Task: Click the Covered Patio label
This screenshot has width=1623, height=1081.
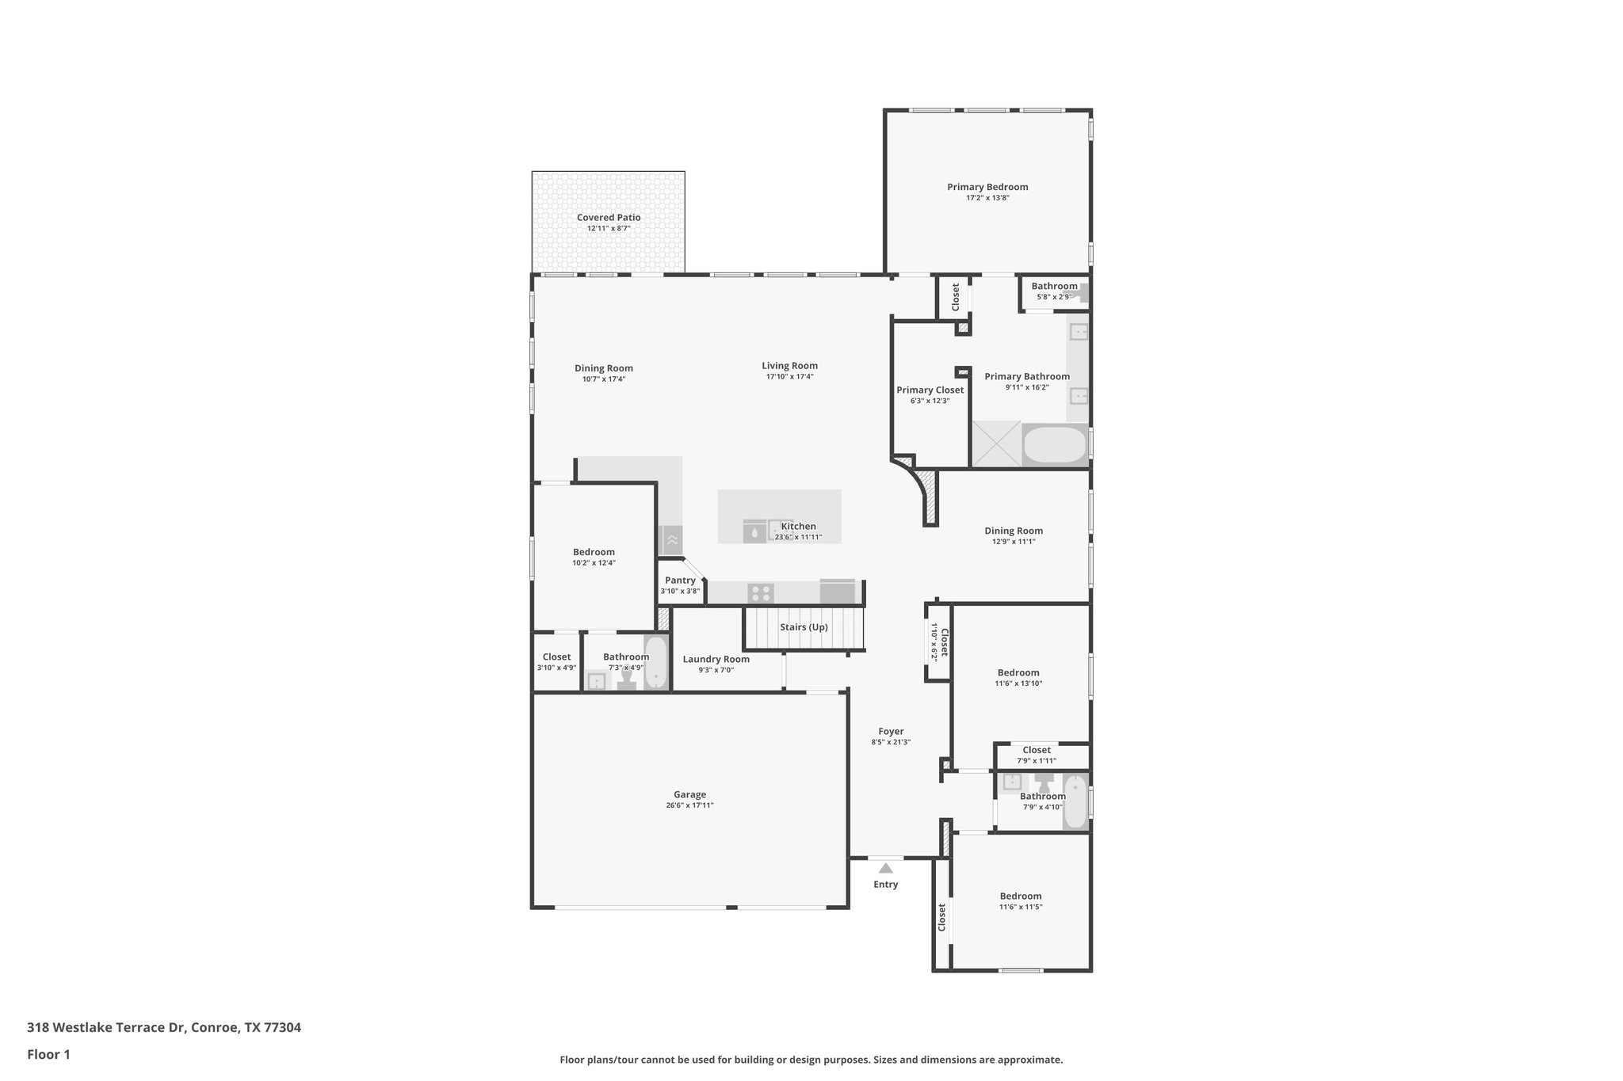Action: click(x=609, y=218)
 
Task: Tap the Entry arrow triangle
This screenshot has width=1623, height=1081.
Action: click(x=885, y=868)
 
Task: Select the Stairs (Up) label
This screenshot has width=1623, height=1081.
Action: click(x=804, y=627)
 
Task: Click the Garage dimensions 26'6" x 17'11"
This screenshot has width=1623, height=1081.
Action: click(x=689, y=805)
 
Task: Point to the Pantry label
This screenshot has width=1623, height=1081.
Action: click(x=680, y=580)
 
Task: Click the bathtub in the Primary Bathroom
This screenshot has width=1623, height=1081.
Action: click(x=1054, y=446)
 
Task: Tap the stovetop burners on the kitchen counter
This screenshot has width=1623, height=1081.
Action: click(x=761, y=592)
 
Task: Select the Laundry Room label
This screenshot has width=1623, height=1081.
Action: click(x=716, y=659)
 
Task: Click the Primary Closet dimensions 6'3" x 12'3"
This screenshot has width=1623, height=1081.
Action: click(x=930, y=401)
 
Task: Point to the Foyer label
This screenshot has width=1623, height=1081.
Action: click(x=891, y=732)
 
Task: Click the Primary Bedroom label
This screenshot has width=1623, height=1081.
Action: click(x=987, y=187)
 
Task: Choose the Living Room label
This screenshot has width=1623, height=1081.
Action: click(x=789, y=366)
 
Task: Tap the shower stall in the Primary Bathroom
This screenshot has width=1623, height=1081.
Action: click(x=996, y=444)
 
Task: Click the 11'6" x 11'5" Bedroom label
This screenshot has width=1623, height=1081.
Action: click(x=1020, y=896)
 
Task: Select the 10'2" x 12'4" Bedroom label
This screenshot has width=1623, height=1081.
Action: click(x=594, y=552)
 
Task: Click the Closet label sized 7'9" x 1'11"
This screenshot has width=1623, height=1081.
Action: click(x=1036, y=750)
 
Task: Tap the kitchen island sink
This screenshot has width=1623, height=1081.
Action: click(x=754, y=532)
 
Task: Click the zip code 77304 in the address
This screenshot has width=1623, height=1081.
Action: click(x=282, y=1027)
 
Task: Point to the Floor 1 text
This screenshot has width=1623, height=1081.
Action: click(x=48, y=1054)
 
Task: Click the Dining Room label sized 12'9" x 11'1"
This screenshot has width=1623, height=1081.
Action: click(x=1014, y=531)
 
